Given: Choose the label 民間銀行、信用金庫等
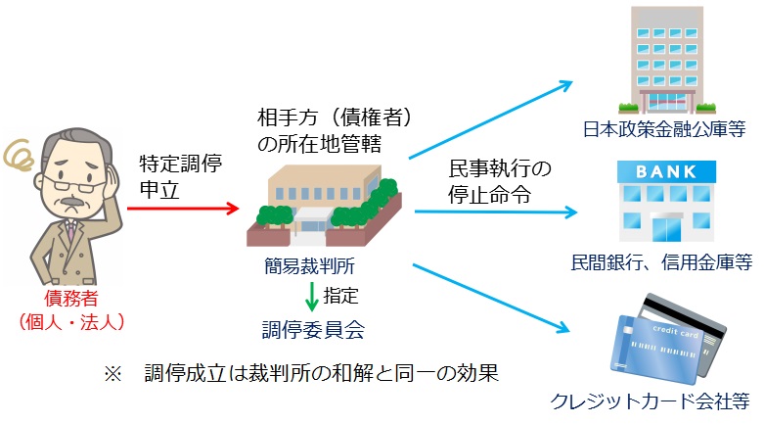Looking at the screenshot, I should (x=661, y=261).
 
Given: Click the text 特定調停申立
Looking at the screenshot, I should (x=180, y=176).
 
